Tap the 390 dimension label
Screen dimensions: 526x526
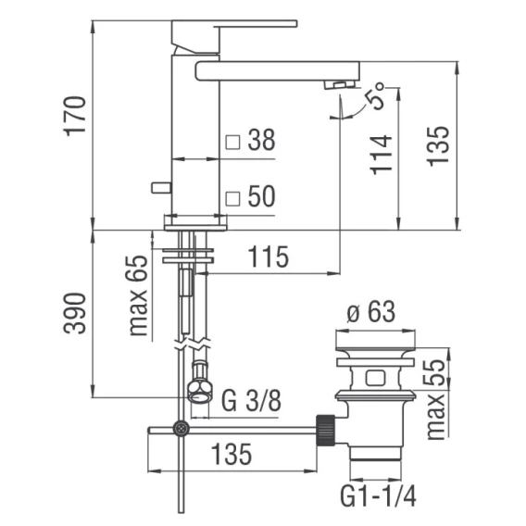pyautogui.click(x=74, y=313)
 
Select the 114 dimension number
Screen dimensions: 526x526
pyautogui.click(x=381, y=155)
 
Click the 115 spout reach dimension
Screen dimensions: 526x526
pyautogui.click(x=268, y=257)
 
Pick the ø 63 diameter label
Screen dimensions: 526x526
pyautogui.click(x=370, y=312)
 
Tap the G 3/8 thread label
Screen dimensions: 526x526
pyautogui.click(x=251, y=400)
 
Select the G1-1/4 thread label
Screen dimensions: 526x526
pyautogui.click(x=378, y=496)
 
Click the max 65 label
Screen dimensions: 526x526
pyautogui.click(x=138, y=295)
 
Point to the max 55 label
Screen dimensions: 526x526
pyautogui.click(x=435, y=399)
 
